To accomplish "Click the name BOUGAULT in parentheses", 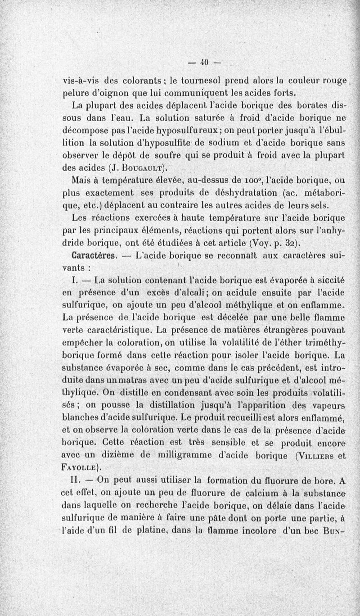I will pyautogui.click(x=141, y=169).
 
